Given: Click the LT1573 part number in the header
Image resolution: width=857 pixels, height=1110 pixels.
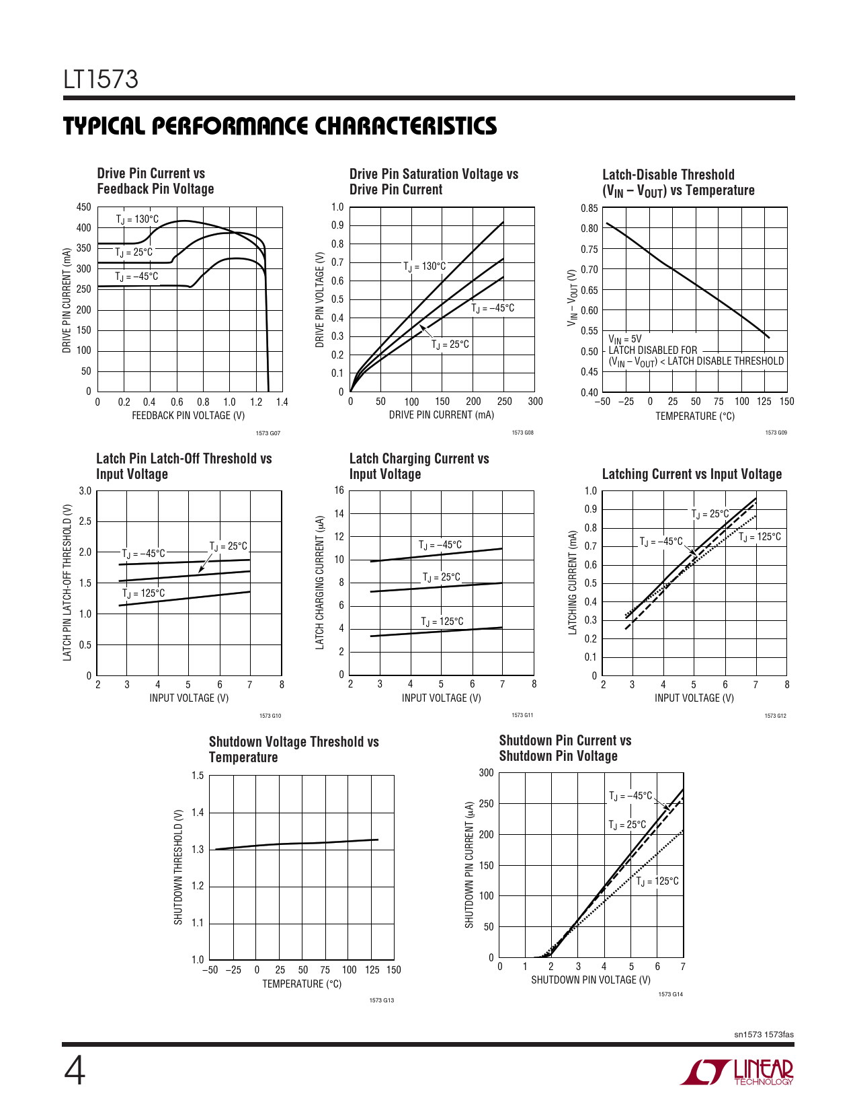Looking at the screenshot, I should click(x=101, y=79).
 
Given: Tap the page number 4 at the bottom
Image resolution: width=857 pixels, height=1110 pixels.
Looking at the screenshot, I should click(x=75, y=1072).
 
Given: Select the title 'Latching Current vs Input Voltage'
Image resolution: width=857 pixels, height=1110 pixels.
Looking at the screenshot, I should click(x=692, y=474).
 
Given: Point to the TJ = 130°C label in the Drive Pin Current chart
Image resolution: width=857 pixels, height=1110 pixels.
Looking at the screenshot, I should click(x=137, y=219).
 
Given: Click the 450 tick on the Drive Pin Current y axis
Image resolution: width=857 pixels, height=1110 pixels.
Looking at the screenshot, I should click(x=83, y=207).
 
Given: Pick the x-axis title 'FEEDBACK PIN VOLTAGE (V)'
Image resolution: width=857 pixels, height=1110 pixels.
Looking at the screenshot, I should click(x=188, y=416).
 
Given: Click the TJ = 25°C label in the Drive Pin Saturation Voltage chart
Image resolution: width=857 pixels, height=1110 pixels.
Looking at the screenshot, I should click(x=450, y=344).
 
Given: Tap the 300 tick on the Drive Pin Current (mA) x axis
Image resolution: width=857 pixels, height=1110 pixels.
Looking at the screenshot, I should click(x=535, y=402).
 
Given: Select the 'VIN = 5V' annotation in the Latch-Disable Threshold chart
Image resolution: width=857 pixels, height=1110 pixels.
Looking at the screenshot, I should click(x=625, y=340).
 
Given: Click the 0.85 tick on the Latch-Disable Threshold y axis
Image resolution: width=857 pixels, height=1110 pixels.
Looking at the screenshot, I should click(x=589, y=209).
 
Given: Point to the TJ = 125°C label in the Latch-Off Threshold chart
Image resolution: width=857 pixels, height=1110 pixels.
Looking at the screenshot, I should click(x=143, y=593).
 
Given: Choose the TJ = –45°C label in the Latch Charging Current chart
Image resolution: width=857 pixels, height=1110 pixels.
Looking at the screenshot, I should click(x=440, y=545).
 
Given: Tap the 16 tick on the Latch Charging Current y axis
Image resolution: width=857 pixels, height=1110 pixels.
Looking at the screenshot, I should click(x=339, y=490).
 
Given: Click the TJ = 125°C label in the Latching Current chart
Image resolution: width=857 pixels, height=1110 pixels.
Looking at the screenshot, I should click(x=760, y=537).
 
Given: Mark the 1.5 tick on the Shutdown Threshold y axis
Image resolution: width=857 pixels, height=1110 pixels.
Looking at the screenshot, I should click(x=198, y=776).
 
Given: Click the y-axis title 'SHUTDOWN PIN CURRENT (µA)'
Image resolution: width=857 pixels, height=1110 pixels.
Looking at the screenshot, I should click(x=469, y=864).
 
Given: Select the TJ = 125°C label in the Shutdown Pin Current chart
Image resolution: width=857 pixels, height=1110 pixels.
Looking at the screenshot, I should click(x=657, y=881).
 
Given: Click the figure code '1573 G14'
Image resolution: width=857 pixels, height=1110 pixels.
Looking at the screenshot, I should click(x=670, y=994).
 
